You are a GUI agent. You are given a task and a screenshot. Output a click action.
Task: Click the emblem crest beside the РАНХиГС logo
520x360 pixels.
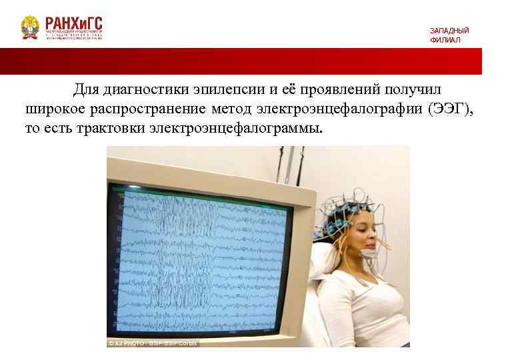point(30,27)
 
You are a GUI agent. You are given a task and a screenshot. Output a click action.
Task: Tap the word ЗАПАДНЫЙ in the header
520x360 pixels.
point(449,31)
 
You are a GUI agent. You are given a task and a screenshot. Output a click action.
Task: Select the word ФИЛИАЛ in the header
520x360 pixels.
point(445,40)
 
